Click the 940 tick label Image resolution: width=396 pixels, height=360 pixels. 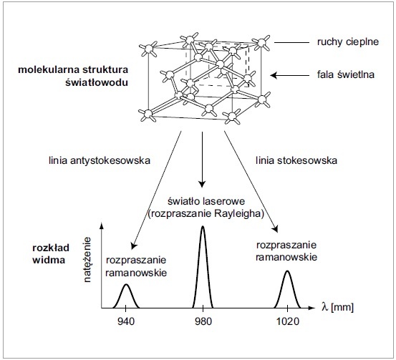[126, 321]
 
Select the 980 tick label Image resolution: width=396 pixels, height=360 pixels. [203, 321]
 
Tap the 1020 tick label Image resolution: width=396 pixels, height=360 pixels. [288, 321]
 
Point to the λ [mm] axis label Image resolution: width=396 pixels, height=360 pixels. [338, 307]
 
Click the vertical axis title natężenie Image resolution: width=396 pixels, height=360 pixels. [87, 260]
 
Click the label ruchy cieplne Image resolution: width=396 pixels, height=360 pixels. [348, 42]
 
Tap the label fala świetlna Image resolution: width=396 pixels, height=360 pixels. [346, 74]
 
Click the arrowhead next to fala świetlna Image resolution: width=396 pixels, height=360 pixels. [274, 75]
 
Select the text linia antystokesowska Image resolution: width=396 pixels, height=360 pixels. [100, 160]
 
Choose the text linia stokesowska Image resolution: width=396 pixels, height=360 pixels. [296, 160]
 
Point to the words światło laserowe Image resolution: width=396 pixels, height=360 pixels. [206, 201]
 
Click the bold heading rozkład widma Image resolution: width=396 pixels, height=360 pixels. [51, 253]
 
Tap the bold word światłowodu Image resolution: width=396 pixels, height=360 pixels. [97, 82]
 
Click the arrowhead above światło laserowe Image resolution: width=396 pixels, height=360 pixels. [202, 184]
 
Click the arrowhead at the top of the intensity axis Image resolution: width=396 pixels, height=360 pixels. [102, 225]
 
